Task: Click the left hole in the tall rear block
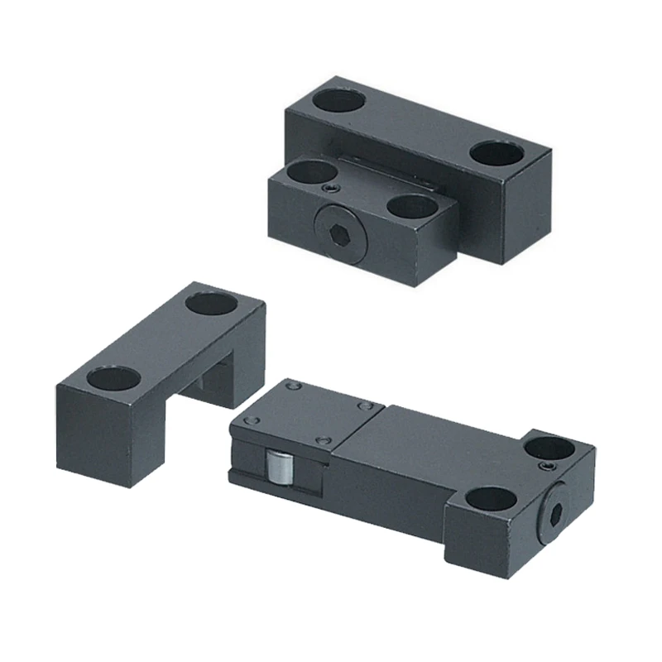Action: [339, 101]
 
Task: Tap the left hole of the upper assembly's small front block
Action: [305, 172]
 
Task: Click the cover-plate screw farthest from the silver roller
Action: [363, 405]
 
